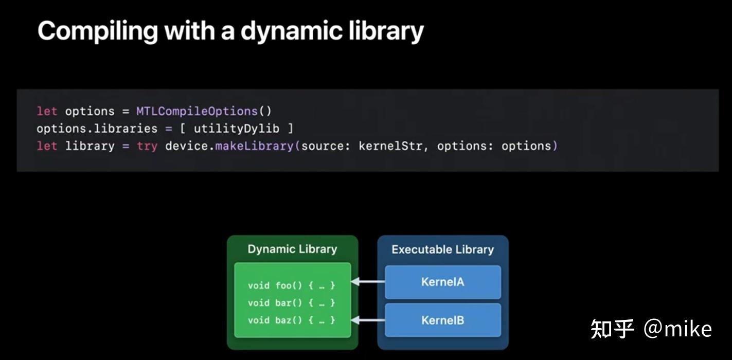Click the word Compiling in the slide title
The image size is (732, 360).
tap(97, 31)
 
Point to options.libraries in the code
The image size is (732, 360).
tap(97, 129)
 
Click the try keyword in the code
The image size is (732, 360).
tap(147, 146)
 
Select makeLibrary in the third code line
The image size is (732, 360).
tap(254, 146)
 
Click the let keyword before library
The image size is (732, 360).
tap(47, 146)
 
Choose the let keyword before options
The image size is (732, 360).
tap(47, 111)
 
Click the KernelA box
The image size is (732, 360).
tap(442, 282)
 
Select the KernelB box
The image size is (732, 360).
tap(442, 320)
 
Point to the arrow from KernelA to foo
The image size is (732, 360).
tap(368, 282)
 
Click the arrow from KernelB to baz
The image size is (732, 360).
tap(368, 320)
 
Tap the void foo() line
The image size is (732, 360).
tap(291, 285)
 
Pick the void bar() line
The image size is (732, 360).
tap(291, 303)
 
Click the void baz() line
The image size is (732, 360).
tap(291, 320)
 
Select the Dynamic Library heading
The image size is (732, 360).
tap(292, 249)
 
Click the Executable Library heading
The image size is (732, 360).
tap(442, 250)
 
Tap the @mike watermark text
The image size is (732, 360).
tap(677, 329)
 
